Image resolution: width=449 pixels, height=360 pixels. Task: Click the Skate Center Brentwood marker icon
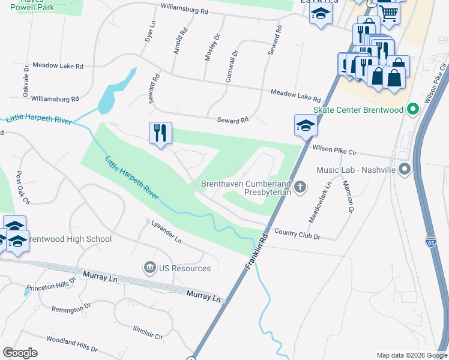(x=412, y=110)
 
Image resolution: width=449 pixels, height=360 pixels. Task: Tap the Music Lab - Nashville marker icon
(x=405, y=170)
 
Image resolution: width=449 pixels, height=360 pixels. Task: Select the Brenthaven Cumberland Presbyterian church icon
(x=301, y=188)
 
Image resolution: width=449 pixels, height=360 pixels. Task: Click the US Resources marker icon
(x=148, y=268)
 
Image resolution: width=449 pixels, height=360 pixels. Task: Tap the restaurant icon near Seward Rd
(x=160, y=134)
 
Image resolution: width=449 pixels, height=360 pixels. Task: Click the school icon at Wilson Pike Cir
(x=305, y=127)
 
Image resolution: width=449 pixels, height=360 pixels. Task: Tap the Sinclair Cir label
(x=148, y=334)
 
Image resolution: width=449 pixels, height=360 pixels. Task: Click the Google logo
(x=20, y=353)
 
